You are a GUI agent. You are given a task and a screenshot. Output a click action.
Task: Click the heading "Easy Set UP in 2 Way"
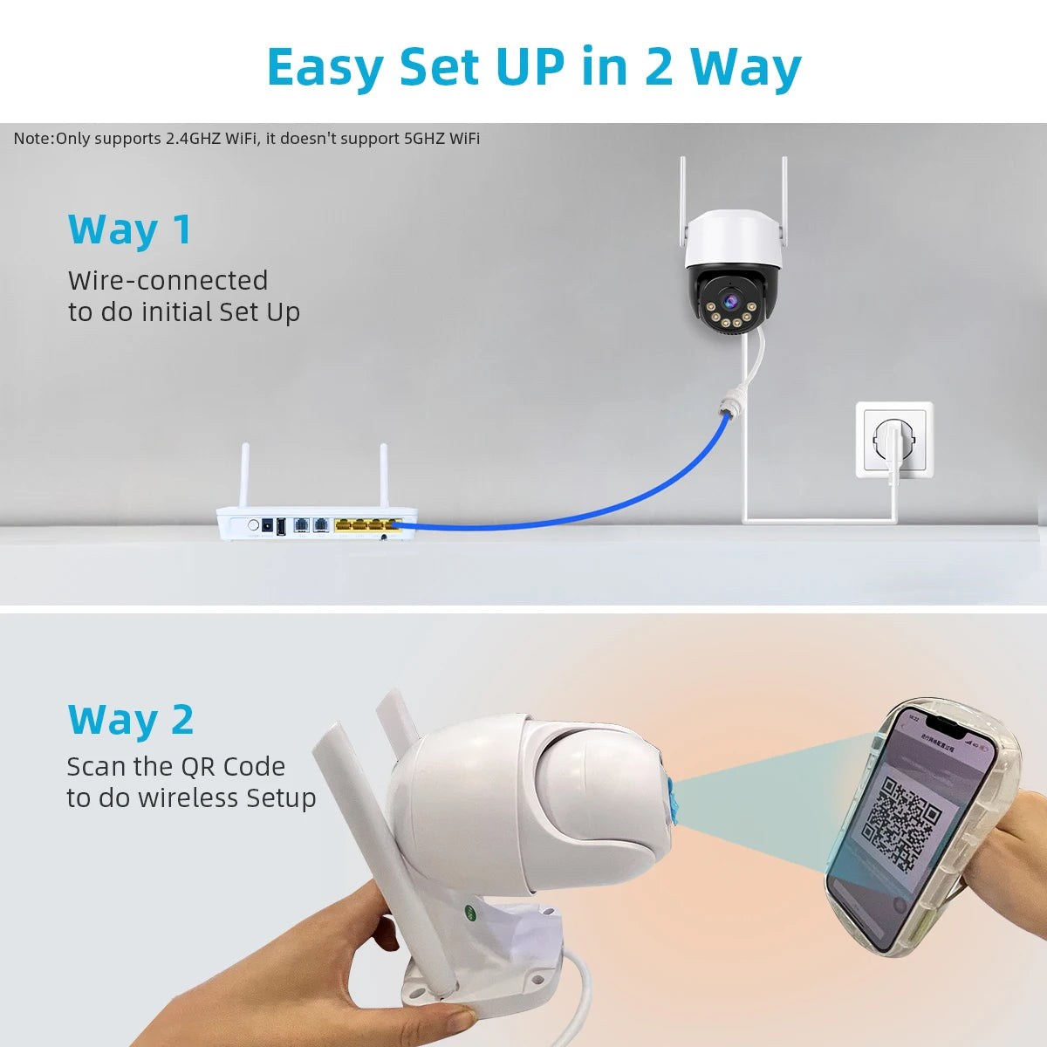(x=533, y=67)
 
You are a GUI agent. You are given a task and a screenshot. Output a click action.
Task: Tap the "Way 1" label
(x=130, y=229)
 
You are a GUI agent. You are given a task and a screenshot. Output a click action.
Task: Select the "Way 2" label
(x=131, y=720)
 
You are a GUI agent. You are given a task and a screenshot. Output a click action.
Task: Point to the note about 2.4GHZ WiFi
(x=247, y=139)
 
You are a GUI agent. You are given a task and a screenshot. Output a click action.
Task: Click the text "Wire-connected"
(x=168, y=281)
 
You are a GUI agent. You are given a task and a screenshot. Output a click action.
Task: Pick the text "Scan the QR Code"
(x=176, y=767)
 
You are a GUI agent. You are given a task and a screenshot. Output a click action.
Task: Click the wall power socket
(x=894, y=439)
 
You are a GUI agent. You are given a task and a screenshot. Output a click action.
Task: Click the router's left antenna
(x=244, y=476)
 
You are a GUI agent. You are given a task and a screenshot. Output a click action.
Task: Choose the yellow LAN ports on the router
(x=366, y=525)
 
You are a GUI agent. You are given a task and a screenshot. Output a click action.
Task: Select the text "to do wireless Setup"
(x=191, y=798)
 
